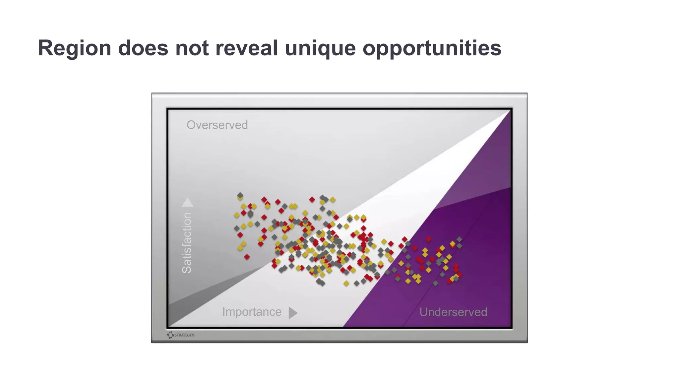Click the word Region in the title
[x=74, y=48]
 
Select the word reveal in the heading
[x=246, y=48]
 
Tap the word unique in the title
[x=320, y=48]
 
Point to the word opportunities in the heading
[x=432, y=48]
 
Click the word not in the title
[x=192, y=48]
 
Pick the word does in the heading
[x=143, y=48]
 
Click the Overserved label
[x=217, y=125]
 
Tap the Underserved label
[x=453, y=312]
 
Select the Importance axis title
[x=252, y=312]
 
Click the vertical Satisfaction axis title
[x=187, y=243]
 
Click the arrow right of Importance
[x=292, y=313]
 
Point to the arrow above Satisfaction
[x=187, y=202]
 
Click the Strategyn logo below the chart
[x=181, y=335]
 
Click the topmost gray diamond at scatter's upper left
[x=240, y=195]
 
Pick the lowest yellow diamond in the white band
[x=346, y=284]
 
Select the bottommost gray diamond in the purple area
[x=435, y=283]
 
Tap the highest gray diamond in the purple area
[x=459, y=239]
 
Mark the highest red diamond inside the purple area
[x=428, y=239]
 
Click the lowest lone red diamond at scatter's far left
[x=247, y=257]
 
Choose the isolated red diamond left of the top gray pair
[x=312, y=199]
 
